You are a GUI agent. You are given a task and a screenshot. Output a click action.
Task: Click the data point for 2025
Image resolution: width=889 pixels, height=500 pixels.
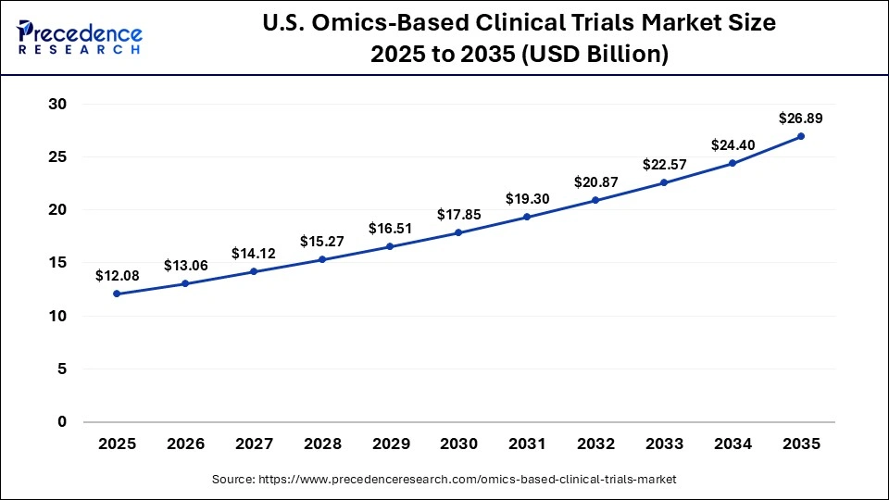coord(117,294)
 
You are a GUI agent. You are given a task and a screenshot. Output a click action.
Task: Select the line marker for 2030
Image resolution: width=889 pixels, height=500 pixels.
coord(458,232)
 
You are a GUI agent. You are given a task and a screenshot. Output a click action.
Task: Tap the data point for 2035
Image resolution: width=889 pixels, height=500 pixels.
coord(801,136)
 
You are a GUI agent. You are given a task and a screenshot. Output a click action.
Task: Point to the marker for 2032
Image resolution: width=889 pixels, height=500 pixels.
coord(595,200)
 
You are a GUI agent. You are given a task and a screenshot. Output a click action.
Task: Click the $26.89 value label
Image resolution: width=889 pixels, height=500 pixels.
coord(800,119)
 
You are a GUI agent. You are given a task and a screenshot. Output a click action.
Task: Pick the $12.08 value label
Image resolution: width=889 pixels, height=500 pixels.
coord(117,276)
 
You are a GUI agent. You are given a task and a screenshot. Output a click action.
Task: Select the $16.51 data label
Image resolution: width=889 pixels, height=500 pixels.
coord(390,228)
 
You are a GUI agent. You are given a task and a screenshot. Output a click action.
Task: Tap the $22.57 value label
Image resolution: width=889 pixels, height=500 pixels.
coord(664,165)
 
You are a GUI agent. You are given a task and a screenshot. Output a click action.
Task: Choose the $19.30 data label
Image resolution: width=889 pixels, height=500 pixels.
coord(527,198)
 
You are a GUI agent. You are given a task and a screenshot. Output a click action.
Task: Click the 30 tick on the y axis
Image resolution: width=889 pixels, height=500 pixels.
coord(57,104)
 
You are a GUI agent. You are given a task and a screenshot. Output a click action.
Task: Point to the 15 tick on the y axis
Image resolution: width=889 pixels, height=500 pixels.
coord(57,263)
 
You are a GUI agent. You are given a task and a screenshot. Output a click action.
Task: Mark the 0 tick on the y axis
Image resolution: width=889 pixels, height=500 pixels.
coord(62,422)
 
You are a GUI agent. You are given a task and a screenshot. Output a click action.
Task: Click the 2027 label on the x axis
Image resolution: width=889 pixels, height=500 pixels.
coord(254,444)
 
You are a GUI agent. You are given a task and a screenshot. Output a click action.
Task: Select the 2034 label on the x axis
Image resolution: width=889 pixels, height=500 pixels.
coord(732,444)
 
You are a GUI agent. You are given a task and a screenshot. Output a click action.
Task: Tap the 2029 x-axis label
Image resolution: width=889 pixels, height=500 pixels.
coord(390,444)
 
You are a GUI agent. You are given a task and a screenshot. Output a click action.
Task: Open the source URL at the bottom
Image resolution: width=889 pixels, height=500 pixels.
coord(444,480)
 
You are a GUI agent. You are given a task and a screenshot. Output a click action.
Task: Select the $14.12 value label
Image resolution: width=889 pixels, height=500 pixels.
coord(254,254)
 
